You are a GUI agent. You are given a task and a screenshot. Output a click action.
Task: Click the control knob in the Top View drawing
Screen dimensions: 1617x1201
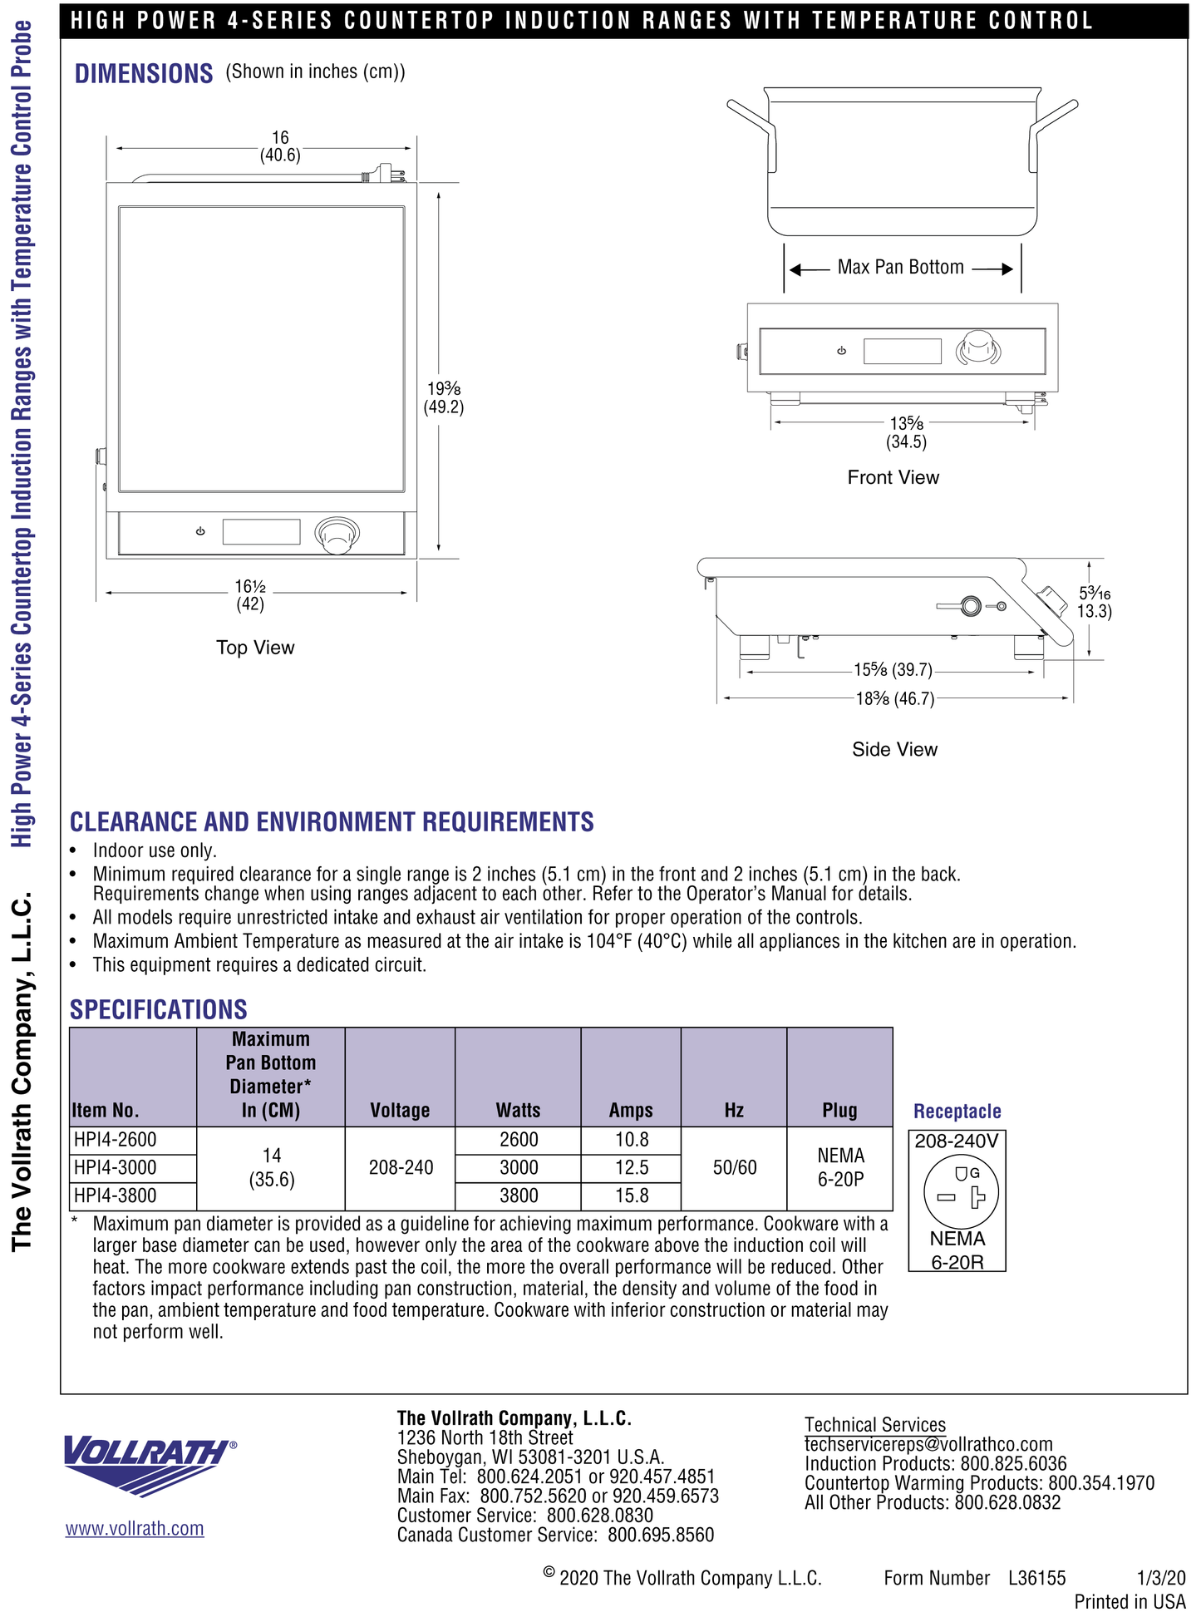(x=337, y=535)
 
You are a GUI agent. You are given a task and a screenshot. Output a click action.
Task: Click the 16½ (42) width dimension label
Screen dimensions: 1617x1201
(x=250, y=595)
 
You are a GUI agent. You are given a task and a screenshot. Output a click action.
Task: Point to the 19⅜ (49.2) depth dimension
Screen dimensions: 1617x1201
(x=444, y=398)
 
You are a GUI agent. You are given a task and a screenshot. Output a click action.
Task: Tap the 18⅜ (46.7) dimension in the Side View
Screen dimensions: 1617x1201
(x=895, y=699)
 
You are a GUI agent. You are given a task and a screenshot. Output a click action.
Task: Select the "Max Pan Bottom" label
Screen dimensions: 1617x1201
(x=900, y=268)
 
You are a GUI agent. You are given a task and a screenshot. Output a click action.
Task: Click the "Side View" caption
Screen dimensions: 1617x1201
(x=894, y=750)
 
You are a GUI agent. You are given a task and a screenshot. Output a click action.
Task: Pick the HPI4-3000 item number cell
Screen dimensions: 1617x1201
(x=116, y=1168)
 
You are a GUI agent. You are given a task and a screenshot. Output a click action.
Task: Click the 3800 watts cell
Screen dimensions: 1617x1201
(x=519, y=1196)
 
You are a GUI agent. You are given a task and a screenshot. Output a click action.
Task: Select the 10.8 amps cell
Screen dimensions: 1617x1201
(x=632, y=1140)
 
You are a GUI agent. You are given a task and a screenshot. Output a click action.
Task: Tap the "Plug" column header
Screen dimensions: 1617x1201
(x=839, y=1111)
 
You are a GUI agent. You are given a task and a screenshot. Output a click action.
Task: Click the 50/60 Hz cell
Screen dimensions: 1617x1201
(x=735, y=1168)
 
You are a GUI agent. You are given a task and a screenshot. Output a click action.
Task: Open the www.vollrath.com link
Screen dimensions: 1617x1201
(x=135, y=1529)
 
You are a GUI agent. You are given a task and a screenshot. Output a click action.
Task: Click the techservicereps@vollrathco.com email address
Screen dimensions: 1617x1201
(x=928, y=1445)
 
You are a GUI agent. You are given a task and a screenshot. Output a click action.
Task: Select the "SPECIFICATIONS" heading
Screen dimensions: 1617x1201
(x=159, y=1010)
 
